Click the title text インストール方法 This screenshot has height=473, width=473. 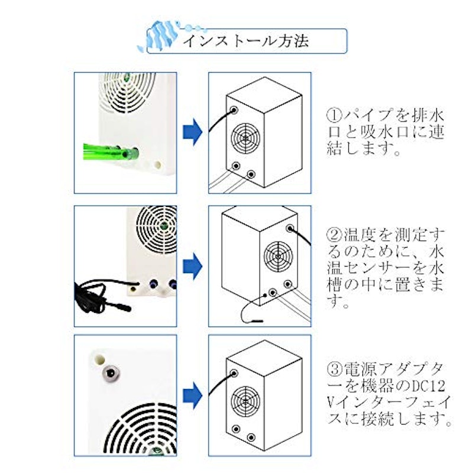coord(246,41)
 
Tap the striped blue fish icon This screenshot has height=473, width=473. coord(159,35)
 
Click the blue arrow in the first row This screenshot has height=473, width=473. coord(193,132)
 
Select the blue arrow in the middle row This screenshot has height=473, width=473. coord(193,266)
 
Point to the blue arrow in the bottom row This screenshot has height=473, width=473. coord(193,396)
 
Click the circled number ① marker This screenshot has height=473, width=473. coord(334,115)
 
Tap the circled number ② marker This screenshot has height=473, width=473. coord(334,235)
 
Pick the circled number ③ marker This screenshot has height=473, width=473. coord(334,369)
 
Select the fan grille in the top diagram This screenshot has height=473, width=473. coord(245,138)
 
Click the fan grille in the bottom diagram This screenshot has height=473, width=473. coord(245,401)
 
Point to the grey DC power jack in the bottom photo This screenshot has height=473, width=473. coord(111,373)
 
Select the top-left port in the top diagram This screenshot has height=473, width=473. coord(234,110)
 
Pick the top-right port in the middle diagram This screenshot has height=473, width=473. coord(290,228)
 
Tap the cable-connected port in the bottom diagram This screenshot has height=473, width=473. coord(234,373)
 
